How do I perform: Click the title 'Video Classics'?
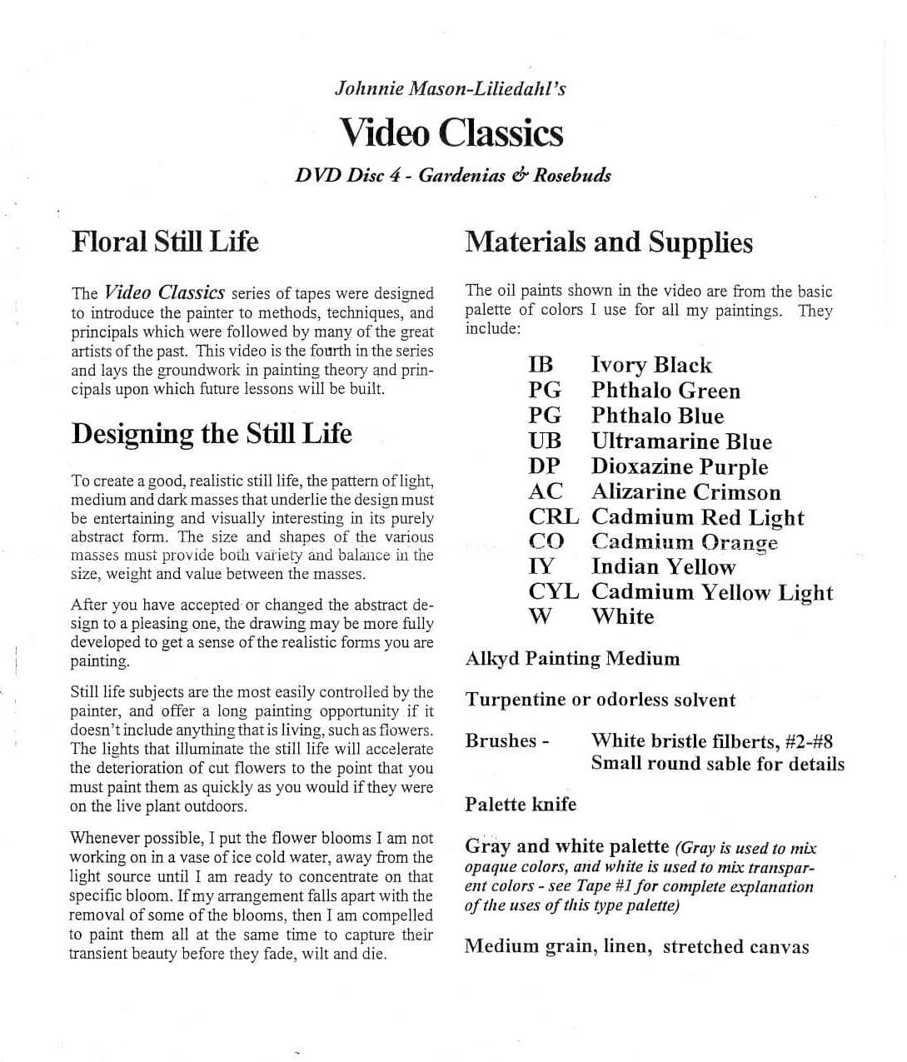click(451, 133)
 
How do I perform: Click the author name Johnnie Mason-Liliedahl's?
click(450, 87)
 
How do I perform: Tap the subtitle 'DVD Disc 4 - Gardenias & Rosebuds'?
click(453, 175)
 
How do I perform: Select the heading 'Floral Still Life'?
click(165, 242)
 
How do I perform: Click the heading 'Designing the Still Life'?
click(212, 433)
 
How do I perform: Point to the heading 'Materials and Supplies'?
click(609, 242)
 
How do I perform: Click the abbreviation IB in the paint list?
click(541, 365)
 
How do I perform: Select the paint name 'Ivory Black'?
click(651, 365)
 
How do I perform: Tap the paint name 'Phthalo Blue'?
click(657, 416)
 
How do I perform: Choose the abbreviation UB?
click(545, 441)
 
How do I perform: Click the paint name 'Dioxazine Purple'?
click(679, 466)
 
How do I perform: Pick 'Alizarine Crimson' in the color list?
click(685, 491)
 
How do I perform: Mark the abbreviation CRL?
click(553, 516)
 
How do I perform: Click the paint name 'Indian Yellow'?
click(663, 566)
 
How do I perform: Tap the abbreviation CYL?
click(553, 592)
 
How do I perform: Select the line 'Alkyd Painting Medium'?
click(572, 659)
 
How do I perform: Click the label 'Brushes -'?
click(506, 740)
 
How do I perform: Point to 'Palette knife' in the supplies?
click(521, 804)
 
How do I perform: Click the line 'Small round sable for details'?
click(717, 763)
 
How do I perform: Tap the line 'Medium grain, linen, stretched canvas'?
click(636, 946)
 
